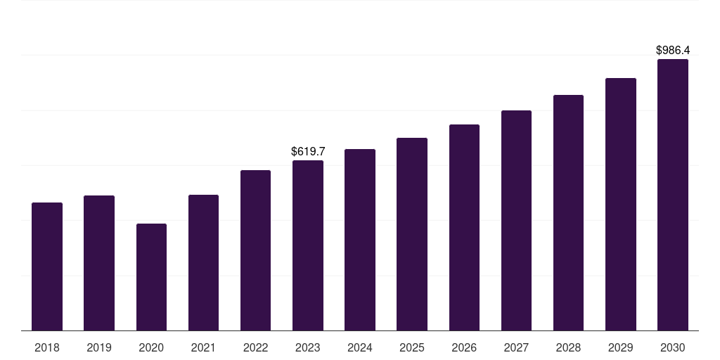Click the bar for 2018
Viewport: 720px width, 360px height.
click(x=47, y=266)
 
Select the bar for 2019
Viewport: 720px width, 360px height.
click(x=99, y=263)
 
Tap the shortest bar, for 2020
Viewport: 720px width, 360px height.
click(x=151, y=277)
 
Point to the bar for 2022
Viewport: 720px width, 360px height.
click(x=255, y=250)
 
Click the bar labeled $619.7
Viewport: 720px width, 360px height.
click(x=308, y=245)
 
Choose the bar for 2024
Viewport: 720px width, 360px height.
click(x=360, y=240)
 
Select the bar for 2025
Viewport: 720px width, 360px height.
click(x=412, y=234)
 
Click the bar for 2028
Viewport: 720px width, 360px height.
click(x=568, y=212)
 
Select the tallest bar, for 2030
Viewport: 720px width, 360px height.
click(x=673, y=195)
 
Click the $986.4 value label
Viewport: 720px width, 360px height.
click(x=673, y=51)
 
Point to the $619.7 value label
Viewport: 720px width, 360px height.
click(x=308, y=151)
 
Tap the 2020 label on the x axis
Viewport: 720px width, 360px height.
click(x=151, y=347)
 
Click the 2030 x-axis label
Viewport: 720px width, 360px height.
click(x=673, y=347)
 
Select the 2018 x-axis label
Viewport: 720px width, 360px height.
click(x=47, y=347)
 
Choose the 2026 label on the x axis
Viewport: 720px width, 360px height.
click(x=464, y=347)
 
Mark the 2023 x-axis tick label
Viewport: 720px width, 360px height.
click(x=308, y=347)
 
